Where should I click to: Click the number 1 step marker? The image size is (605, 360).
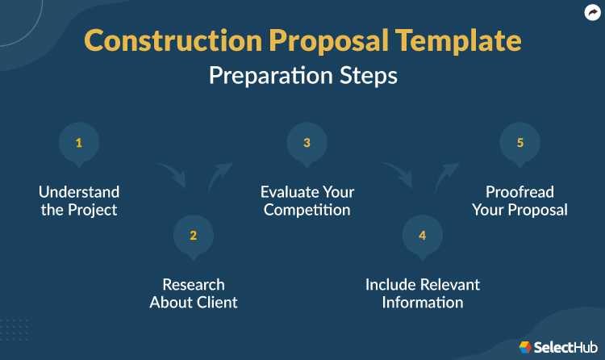pos(79,144)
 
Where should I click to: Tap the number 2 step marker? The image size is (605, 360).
pos(194,236)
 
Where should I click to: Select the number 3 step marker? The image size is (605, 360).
pos(307,144)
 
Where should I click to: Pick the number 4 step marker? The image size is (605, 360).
pos(422,236)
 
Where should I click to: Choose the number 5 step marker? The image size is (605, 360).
pos(520,144)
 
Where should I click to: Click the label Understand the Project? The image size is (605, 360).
pos(79,201)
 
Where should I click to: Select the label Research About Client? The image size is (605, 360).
pos(194,293)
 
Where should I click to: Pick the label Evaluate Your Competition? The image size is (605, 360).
pos(307,201)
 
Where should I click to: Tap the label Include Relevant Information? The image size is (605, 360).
pos(422,293)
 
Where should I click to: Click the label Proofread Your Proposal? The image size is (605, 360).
pos(527,201)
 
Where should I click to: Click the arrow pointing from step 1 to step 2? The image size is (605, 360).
pos(172,172)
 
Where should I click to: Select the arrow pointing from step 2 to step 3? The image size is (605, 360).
pos(219,176)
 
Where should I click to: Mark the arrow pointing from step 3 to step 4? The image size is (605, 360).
pos(398,173)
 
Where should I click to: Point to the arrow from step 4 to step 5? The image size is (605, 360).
pos(447,177)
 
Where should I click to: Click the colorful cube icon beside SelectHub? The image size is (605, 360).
pos(526,346)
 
